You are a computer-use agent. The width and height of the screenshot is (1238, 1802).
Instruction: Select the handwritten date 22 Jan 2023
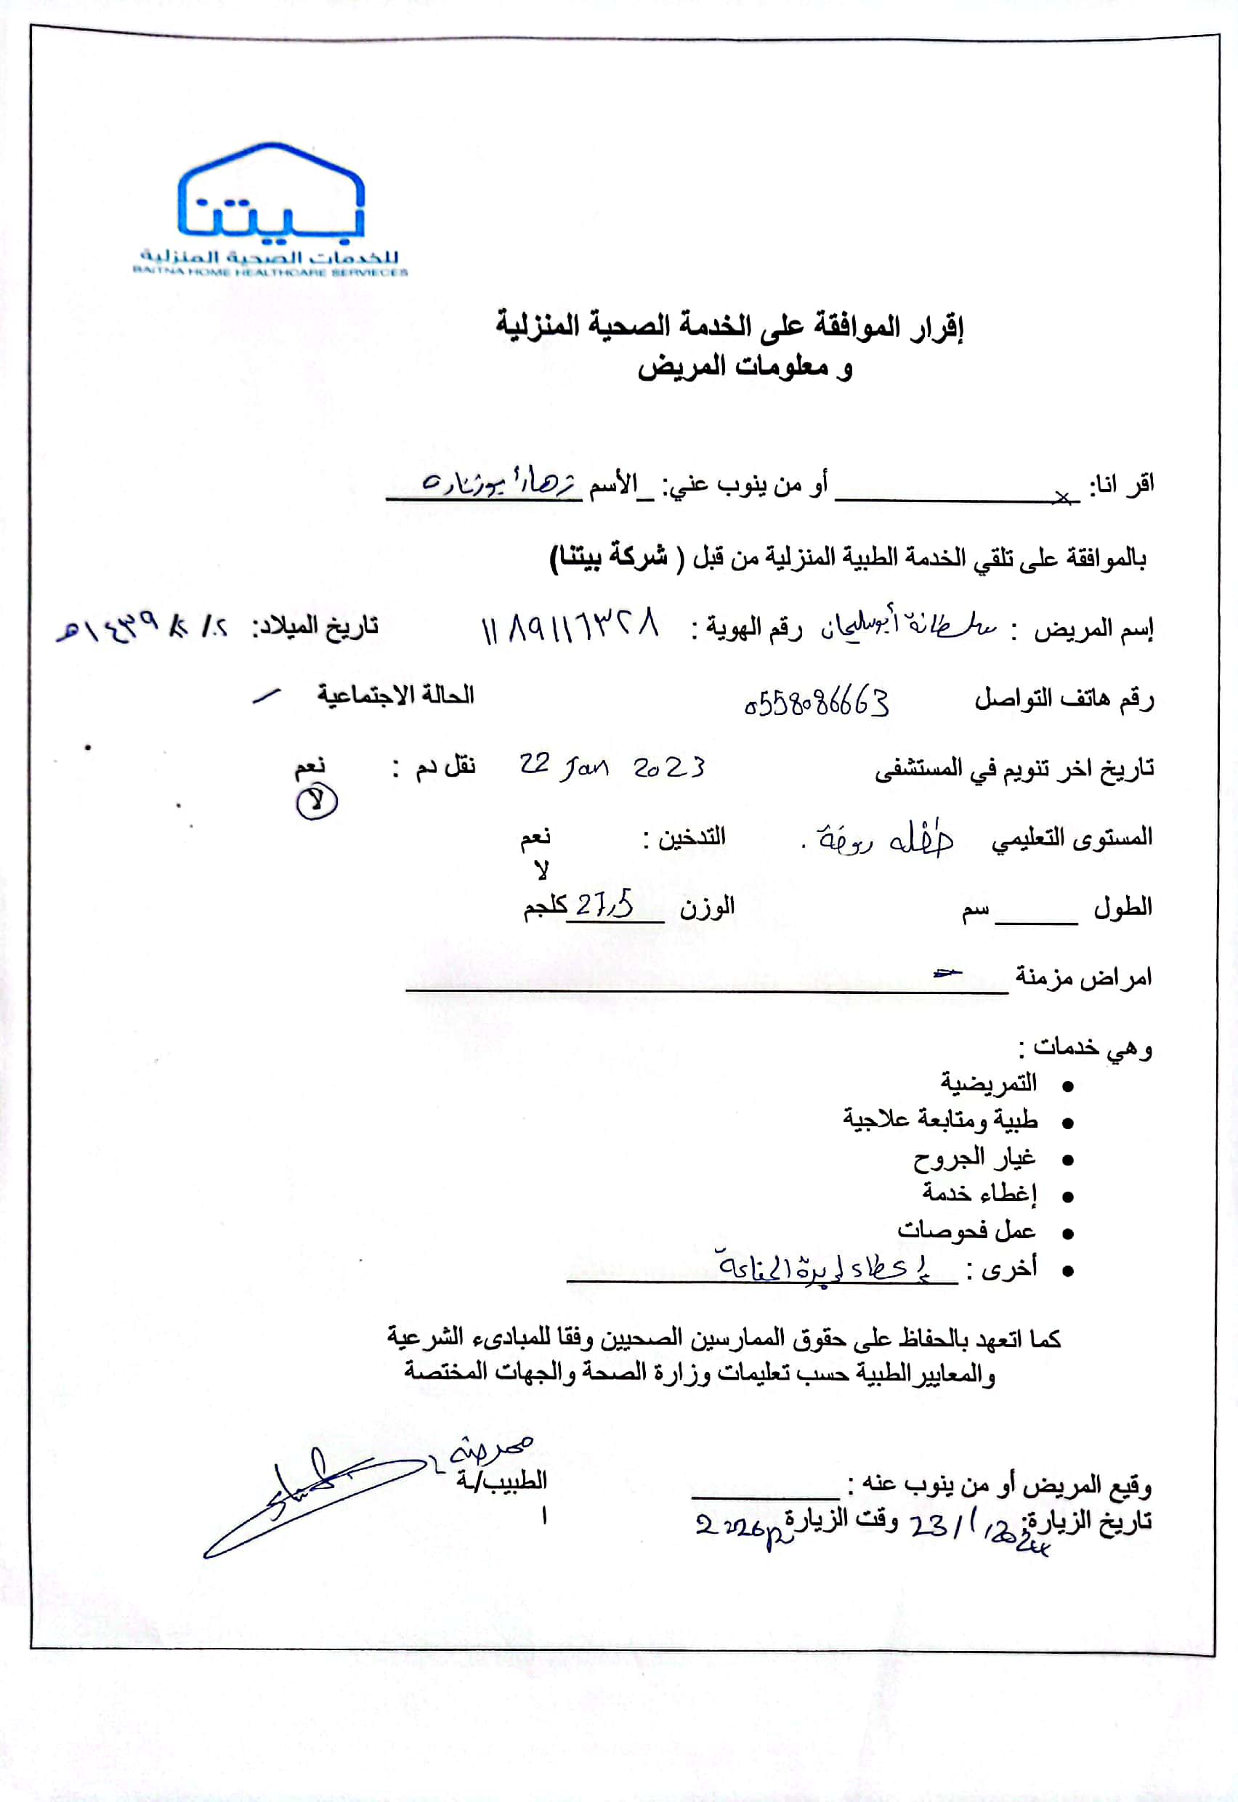[612, 767]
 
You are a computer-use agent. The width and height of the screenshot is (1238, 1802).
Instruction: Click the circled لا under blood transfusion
[317, 801]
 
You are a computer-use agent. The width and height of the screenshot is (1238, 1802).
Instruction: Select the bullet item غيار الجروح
[963, 1159]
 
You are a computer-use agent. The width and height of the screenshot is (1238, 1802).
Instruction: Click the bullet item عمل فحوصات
[966, 1230]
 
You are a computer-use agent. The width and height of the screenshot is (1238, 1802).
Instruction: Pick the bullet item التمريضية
[988, 1083]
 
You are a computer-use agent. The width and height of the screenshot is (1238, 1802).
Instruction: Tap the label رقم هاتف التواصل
[1064, 700]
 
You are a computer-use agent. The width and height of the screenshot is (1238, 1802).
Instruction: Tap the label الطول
[1122, 907]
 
